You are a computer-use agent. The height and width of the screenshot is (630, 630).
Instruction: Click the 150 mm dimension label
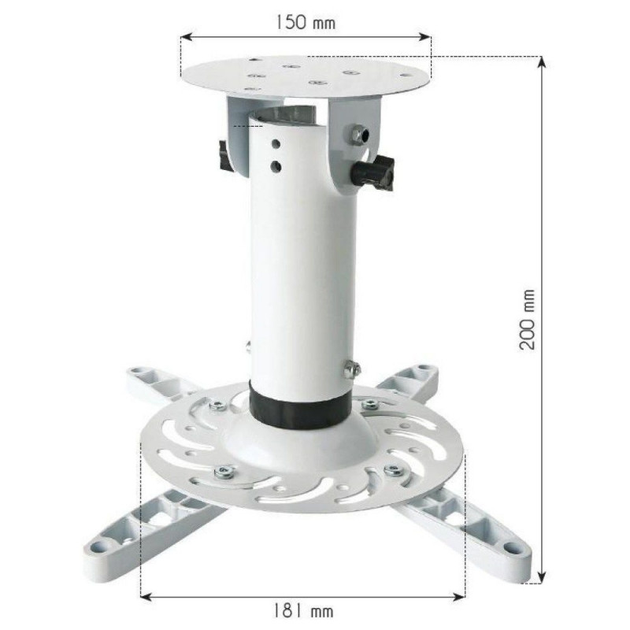[x=306, y=22]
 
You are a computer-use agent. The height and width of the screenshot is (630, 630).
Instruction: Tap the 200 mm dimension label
[x=527, y=320]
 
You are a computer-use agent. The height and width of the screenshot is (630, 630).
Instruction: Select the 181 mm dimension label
[x=303, y=611]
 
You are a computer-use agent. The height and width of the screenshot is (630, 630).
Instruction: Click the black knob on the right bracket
[x=373, y=172]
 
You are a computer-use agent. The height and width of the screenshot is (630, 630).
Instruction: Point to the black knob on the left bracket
[x=224, y=156]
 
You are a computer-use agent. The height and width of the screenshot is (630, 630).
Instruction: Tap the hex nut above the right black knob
[x=358, y=134]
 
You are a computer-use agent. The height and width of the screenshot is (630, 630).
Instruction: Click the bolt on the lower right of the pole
[x=351, y=369]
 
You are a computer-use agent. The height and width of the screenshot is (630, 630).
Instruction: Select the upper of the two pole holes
[x=276, y=143]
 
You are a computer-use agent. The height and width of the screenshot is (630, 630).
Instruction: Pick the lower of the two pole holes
[x=276, y=165]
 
